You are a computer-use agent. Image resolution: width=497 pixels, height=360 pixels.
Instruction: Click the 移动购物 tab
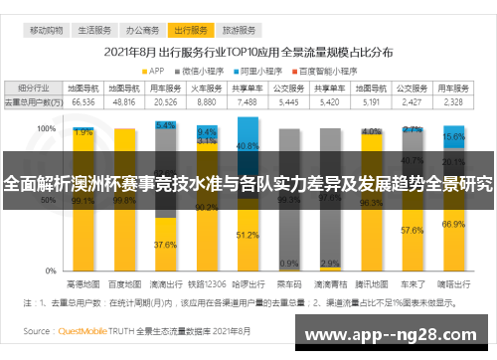tap(46, 31)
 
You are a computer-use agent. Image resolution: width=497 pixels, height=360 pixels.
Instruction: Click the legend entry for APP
tap(155, 71)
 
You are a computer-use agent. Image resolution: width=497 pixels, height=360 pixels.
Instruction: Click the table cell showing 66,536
tap(83, 101)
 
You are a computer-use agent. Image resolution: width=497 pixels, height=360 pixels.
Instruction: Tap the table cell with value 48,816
tap(123, 101)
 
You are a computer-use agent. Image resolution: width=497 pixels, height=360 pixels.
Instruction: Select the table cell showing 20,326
tap(165, 101)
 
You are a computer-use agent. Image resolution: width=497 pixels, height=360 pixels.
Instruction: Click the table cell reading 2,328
tap(453, 101)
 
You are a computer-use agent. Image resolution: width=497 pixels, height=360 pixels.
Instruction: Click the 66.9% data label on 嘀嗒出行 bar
tap(453, 225)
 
